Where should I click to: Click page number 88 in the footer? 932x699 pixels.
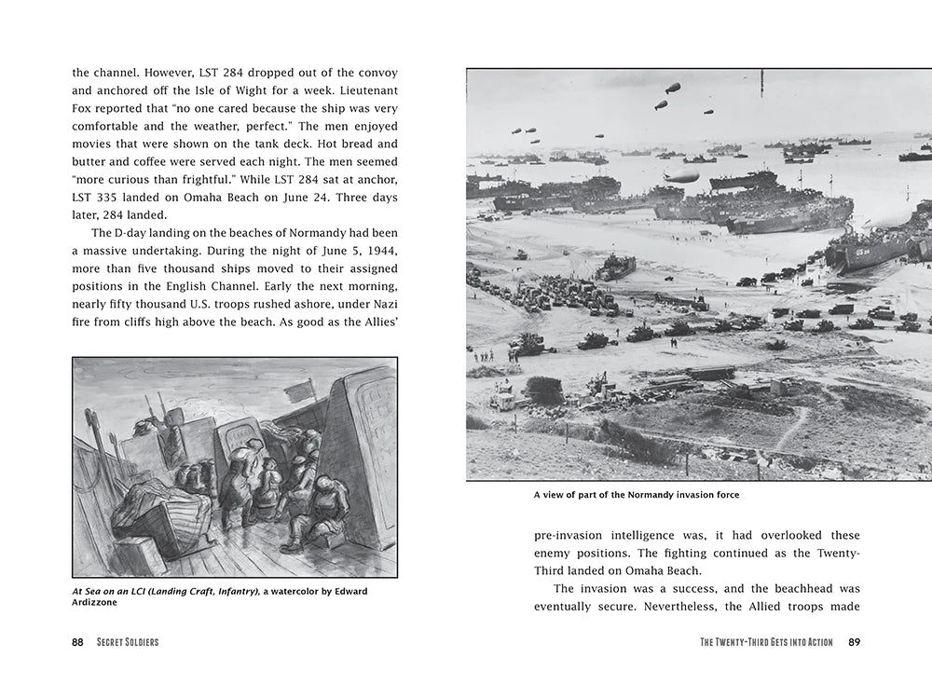77,641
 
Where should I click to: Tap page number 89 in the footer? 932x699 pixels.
854,641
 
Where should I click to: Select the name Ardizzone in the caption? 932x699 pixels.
98,602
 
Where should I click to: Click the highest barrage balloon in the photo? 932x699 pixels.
672,88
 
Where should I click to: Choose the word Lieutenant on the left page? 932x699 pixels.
365,90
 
